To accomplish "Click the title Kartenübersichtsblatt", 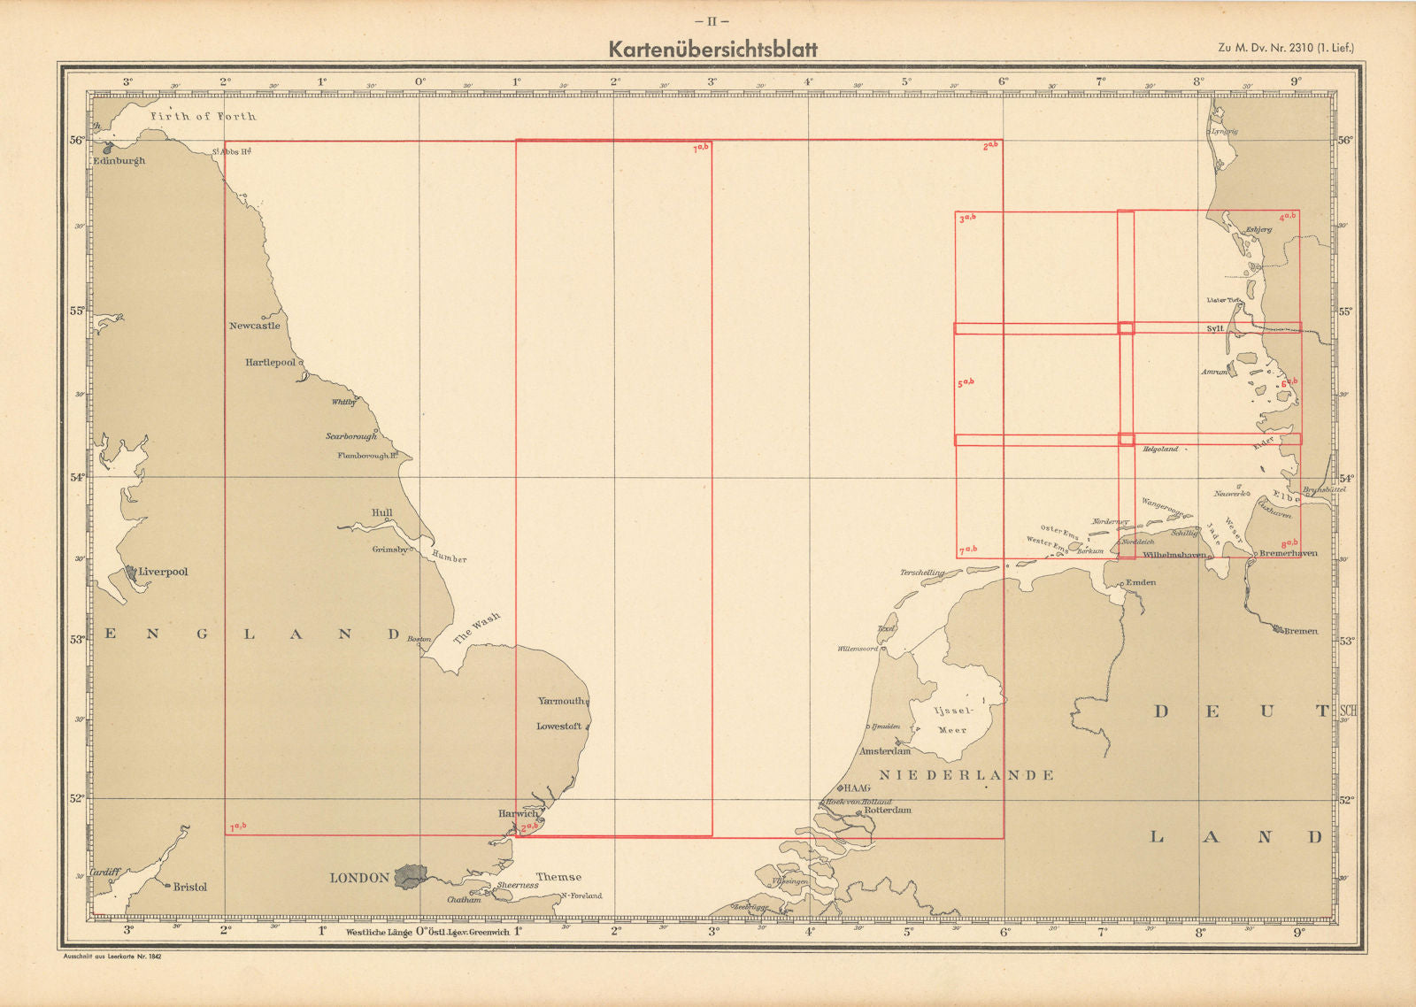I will (x=712, y=50).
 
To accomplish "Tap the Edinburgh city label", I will (x=119, y=161).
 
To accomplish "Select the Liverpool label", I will (x=163, y=572).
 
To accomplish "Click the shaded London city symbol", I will (x=410, y=876).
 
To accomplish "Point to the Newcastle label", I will (x=254, y=326).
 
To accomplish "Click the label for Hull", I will (x=382, y=512).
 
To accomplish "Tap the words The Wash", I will (x=476, y=626).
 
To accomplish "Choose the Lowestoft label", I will (x=559, y=726).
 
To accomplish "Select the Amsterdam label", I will (x=886, y=751).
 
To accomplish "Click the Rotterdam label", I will (x=887, y=810).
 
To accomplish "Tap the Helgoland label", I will (x=1160, y=450).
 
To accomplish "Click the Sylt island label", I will (x=1214, y=328).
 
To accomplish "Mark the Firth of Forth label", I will (x=203, y=116).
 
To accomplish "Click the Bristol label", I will (x=189, y=887).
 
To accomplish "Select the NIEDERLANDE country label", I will (x=966, y=775).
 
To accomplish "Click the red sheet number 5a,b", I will (x=965, y=383).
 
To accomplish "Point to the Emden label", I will (x=1140, y=582).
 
